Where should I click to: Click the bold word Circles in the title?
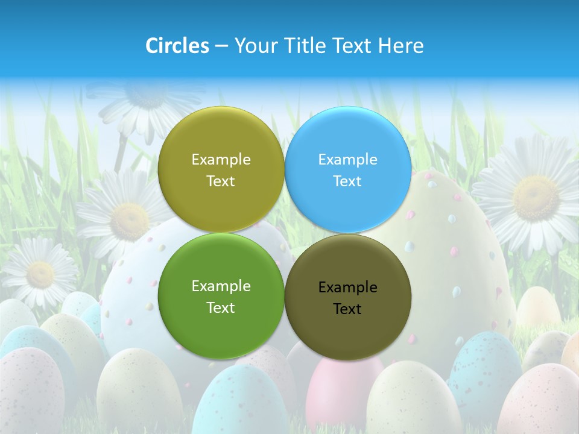177,46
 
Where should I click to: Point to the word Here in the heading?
401,46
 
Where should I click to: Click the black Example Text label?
347,298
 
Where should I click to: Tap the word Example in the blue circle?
347,159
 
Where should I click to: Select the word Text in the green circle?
221,307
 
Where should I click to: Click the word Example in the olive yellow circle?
221,159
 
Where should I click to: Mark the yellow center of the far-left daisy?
40,274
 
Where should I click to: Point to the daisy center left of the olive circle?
128,221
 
